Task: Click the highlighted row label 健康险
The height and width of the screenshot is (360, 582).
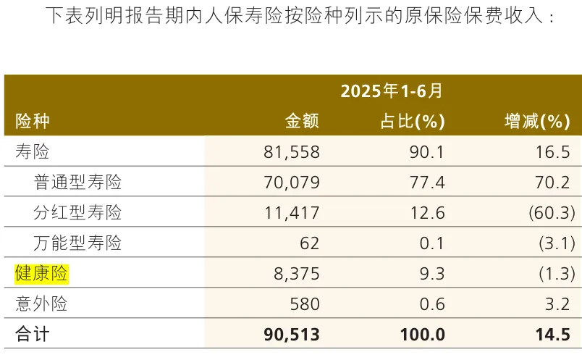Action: point(41,274)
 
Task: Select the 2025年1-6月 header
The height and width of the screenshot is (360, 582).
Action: point(391,91)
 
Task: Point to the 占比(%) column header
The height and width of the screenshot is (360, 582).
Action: point(412,121)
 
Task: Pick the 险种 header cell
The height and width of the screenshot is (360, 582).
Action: point(33,121)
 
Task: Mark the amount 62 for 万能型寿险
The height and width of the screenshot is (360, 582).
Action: point(309,243)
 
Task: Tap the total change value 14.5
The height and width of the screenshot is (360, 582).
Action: point(554,335)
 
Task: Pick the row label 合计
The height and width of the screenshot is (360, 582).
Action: point(33,335)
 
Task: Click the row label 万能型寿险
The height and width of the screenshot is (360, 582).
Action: point(77,243)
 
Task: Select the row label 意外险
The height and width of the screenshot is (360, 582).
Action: point(41,304)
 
